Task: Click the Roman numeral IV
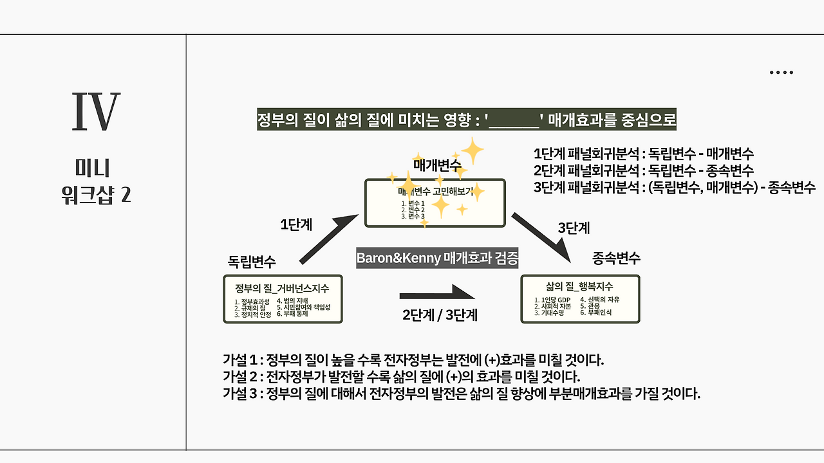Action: [x=96, y=113]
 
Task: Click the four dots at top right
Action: [x=781, y=73]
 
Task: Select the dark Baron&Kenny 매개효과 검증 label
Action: [x=438, y=259]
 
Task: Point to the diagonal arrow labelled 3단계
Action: [x=541, y=237]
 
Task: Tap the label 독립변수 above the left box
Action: [x=252, y=262]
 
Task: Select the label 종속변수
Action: [x=616, y=259]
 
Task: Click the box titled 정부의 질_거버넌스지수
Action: [x=283, y=299]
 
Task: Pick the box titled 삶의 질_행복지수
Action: [x=579, y=299]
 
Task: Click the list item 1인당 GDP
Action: [x=553, y=300]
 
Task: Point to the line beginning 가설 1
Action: [x=413, y=359]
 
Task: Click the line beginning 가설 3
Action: [x=461, y=394]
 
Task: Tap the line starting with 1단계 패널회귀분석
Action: [x=644, y=154]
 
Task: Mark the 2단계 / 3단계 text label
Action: [x=440, y=316]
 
